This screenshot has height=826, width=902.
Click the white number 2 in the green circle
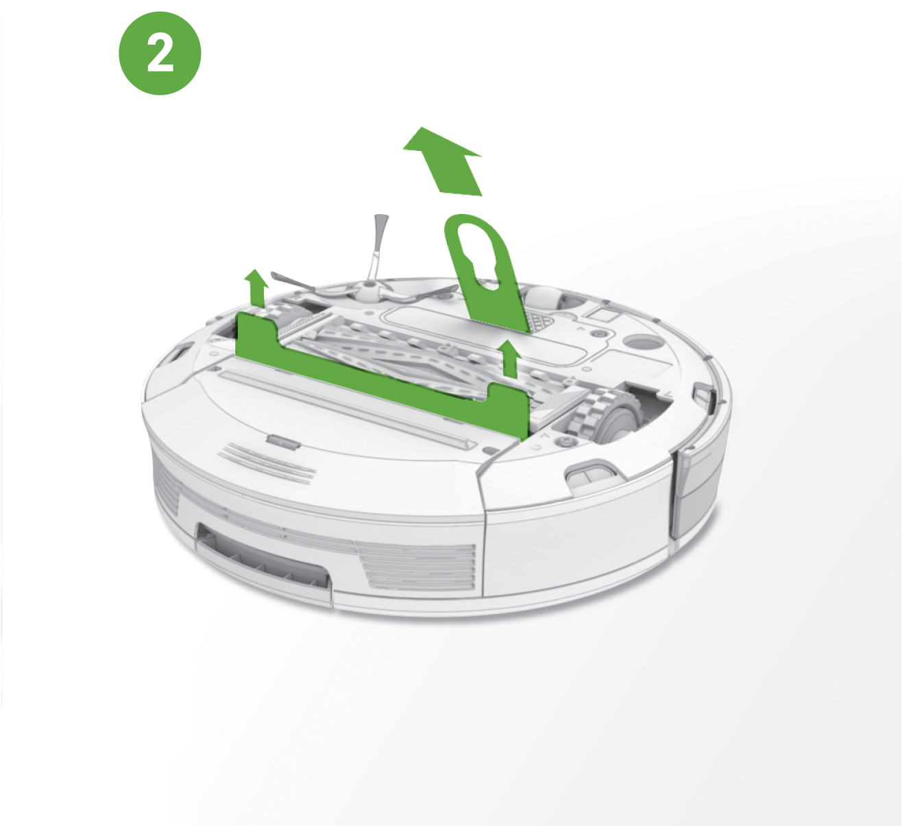click(160, 54)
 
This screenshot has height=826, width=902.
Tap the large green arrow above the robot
click(447, 162)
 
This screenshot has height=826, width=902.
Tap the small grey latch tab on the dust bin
click(283, 442)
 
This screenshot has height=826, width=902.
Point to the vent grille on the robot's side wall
click(420, 567)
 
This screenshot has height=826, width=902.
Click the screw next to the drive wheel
click(563, 442)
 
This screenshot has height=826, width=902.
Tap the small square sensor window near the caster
click(602, 312)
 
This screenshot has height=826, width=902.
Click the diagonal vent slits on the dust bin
click(267, 464)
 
